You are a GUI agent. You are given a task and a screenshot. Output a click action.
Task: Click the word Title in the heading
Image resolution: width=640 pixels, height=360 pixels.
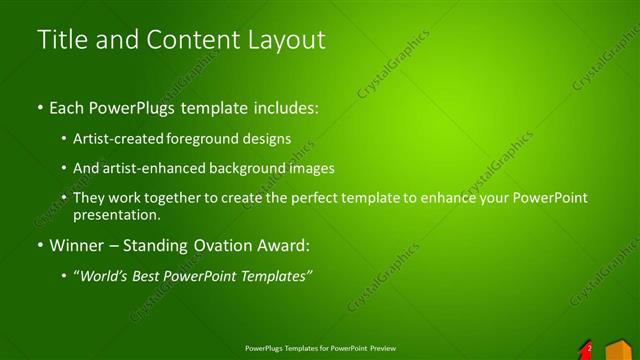coord(62,40)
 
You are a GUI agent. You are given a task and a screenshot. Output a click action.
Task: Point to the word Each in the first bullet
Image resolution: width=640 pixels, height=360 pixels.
coord(67,105)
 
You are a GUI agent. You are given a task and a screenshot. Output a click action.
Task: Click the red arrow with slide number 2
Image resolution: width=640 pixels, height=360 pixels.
coord(586,348)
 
